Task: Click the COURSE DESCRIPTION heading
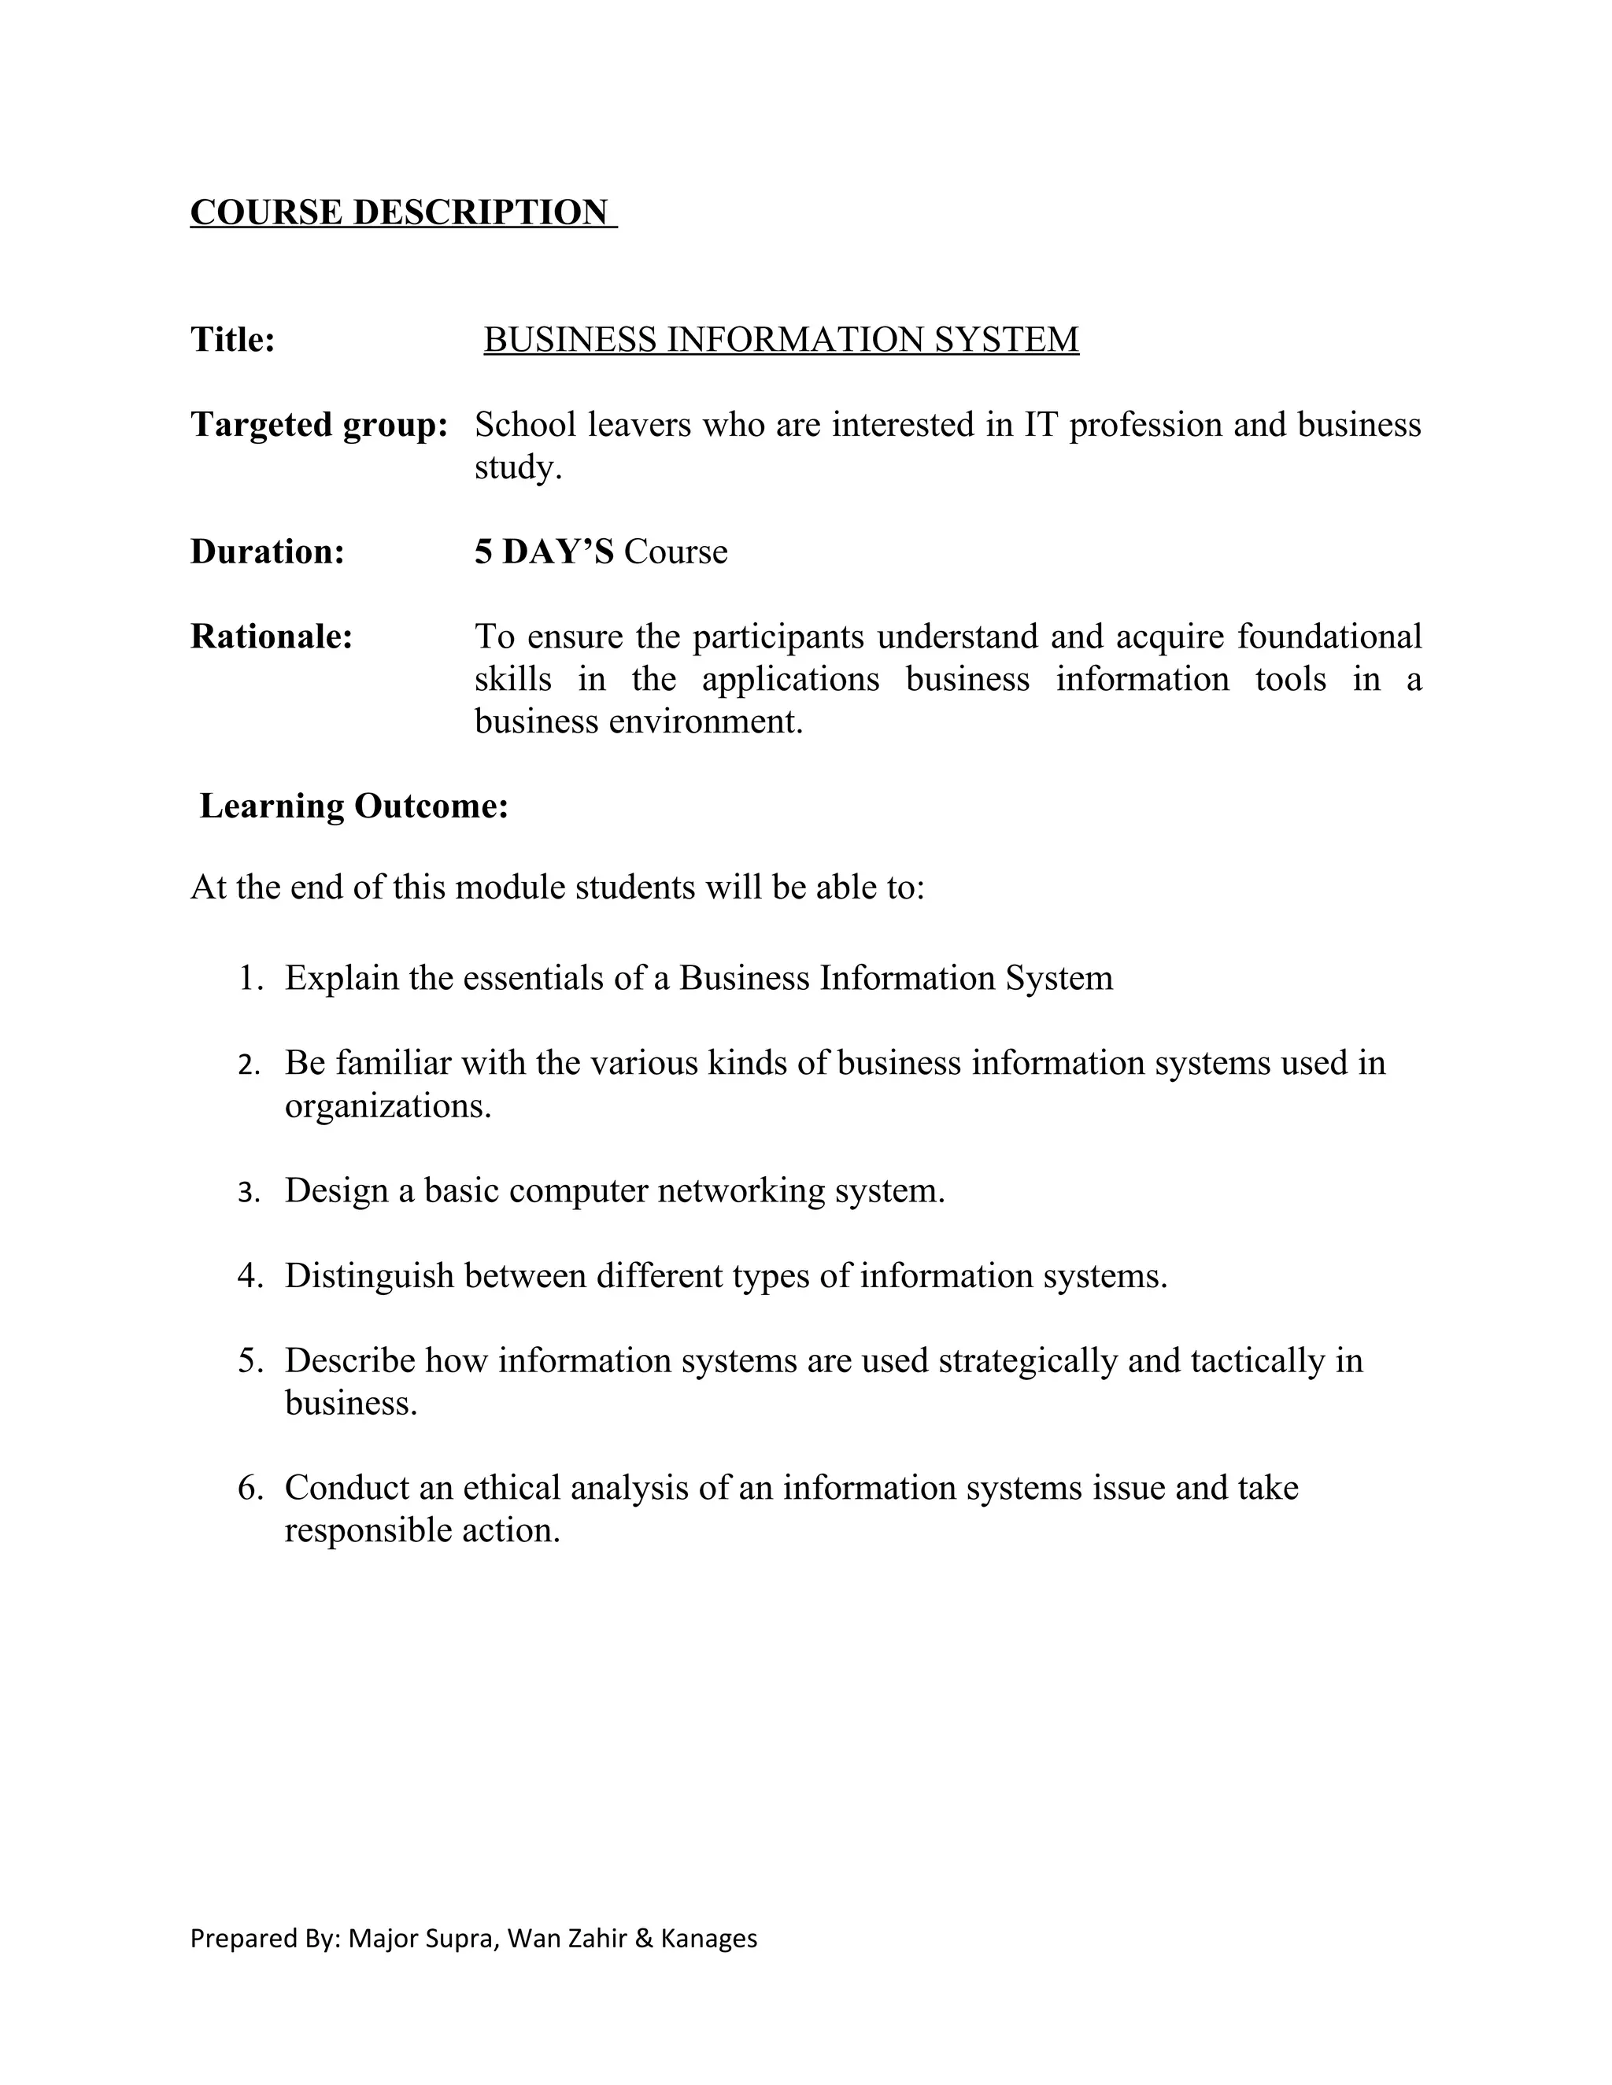399,212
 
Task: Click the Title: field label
233,339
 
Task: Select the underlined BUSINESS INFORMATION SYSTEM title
781,339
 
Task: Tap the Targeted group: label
319,424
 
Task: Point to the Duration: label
268,551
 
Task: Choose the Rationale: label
272,636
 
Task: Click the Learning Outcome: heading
354,806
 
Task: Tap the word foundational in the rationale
1329,636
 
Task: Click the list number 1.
250,979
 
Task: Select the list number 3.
248,1192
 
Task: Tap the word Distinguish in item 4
368,1275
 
